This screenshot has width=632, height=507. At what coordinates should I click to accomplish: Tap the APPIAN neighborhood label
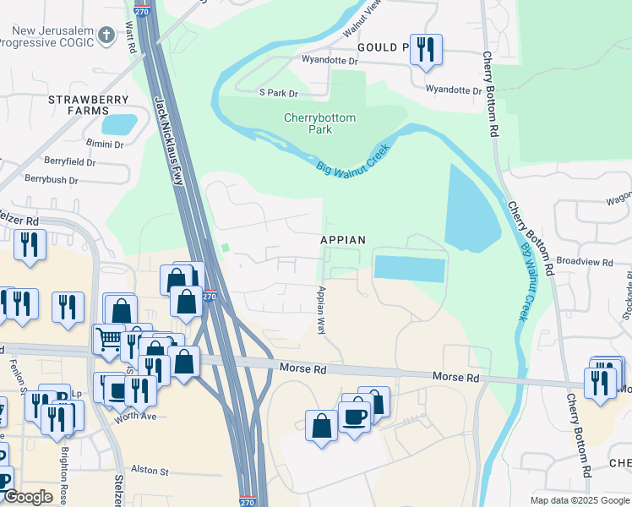(343, 240)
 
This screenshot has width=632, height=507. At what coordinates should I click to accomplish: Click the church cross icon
(106, 35)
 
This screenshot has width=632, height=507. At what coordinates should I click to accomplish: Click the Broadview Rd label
(584, 262)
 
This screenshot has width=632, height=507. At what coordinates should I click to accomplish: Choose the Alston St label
(150, 471)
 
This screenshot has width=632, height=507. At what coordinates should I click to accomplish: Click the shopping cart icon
(108, 339)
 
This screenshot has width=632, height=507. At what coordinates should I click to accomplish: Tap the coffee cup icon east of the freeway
(354, 415)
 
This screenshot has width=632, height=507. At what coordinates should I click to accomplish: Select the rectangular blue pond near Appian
(409, 269)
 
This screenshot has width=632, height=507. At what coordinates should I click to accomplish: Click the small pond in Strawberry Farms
(118, 124)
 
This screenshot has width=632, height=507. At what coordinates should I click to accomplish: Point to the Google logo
(28, 498)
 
